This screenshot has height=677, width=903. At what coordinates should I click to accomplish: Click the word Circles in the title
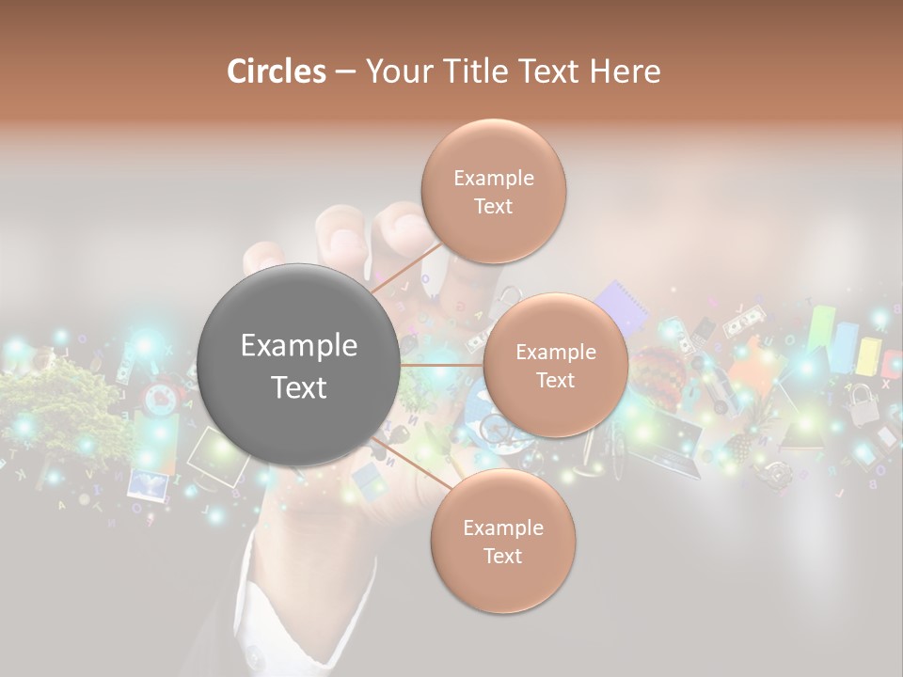(276, 71)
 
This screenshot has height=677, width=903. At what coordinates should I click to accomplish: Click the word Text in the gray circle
(299, 386)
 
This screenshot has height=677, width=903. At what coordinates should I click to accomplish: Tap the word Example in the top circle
(494, 178)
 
